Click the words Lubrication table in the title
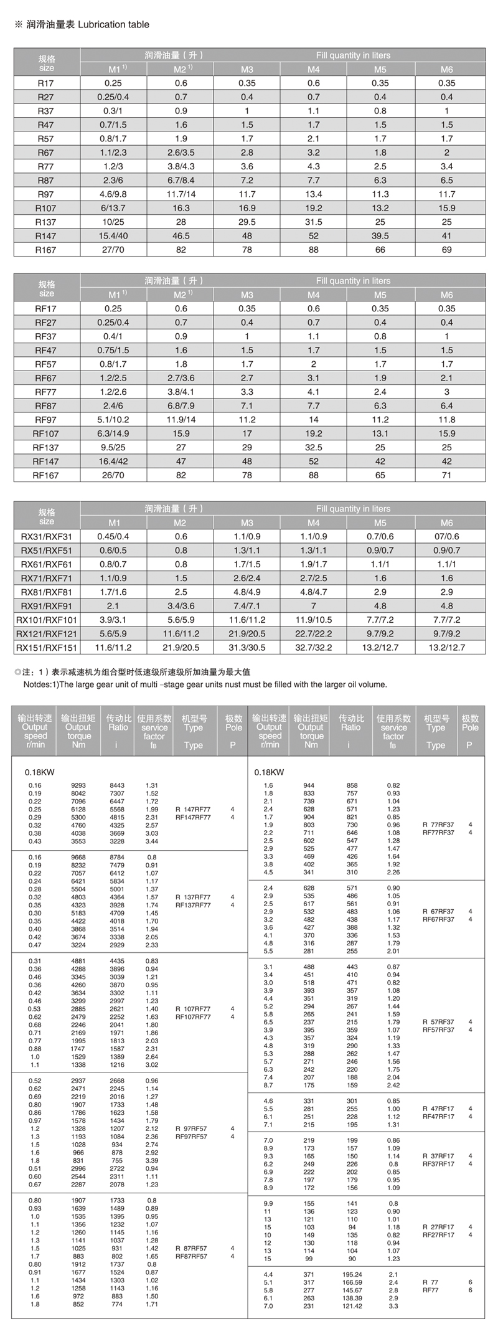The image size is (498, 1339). click(115, 25)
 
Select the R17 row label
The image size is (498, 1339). click(46, 83)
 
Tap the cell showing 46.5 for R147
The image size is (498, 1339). click(181, 236)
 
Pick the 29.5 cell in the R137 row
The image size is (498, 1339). click(247, 222)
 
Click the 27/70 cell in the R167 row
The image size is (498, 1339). click(113, 250)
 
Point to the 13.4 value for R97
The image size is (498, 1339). click(314, 194)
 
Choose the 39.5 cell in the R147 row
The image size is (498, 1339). click(380, 236)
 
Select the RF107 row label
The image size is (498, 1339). click(46, 433)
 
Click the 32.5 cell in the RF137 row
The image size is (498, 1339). click(314, 447)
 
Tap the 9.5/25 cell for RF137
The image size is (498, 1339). click(113, 447)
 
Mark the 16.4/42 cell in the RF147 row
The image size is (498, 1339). click(113, 461)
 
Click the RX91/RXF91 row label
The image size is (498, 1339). click(47, 606)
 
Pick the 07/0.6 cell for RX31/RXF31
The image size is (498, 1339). click(447, 536)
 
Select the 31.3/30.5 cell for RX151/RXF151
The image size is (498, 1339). click(247, 648)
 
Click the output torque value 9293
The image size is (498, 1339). click(78, 786)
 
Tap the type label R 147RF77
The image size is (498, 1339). click(193, 810)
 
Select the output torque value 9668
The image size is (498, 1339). click(78, 858)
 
